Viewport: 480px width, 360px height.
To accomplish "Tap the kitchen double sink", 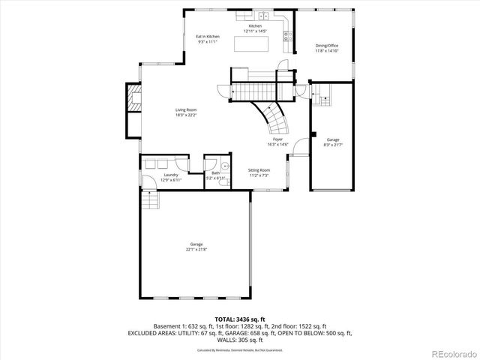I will click(x=264, y=16).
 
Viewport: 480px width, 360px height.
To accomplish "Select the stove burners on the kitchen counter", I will click(x=287, y=34).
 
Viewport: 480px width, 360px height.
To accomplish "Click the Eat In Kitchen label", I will click(x=208, y=37).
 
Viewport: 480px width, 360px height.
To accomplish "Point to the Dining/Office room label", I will click(x=327, y=46).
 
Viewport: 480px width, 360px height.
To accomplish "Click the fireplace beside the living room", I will click(x=134, y=98).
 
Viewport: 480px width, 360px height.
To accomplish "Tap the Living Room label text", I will click(x=186, y=110).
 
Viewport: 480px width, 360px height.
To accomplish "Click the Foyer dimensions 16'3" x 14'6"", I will click(x=277, y=145).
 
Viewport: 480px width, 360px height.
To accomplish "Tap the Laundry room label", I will click(x=171, y=175).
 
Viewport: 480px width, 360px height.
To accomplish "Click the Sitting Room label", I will click(x=259, y=170).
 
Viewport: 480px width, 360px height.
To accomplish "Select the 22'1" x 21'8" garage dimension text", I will click(x=197, y=249).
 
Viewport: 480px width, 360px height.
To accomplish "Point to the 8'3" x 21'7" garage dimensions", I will click(x=332, y=144).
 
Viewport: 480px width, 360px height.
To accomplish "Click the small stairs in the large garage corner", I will click(x=149, y=201).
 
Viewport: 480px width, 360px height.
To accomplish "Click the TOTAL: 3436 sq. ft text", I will click(x=240, y=319).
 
